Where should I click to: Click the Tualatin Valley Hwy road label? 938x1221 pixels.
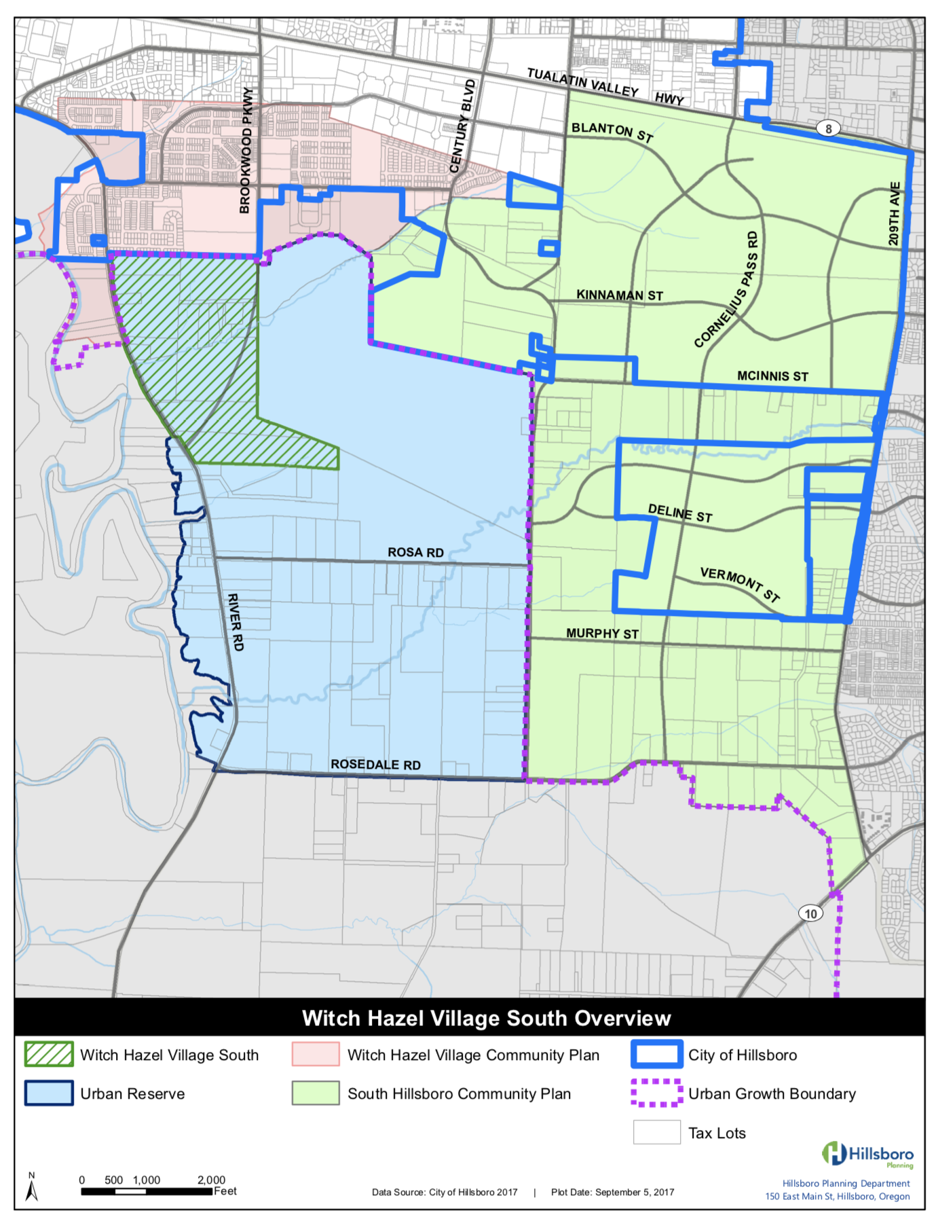click(x=605, y=86)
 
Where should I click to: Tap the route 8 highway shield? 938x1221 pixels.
click(x=828, y=128)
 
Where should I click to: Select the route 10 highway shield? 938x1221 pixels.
click(x=810, y=913)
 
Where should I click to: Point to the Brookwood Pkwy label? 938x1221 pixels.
click(x=246, y=151)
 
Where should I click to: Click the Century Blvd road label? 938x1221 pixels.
click(x=462, y=126)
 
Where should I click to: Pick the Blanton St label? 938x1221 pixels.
click(x=612, y=132)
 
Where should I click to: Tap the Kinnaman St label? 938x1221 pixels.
click(x=619, y=295)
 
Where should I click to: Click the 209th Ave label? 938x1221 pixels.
click(x=895, y=214)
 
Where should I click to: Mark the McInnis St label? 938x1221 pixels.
click(x=772, y=376)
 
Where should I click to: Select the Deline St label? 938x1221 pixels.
click(x=680, y=513)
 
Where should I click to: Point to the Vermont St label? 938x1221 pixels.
click(x=740, y=585)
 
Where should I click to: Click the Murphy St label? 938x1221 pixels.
click(x=602, y=634)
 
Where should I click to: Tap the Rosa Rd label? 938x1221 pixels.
click(x=415, y=552)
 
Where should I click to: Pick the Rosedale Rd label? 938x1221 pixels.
click(x=375, y=764)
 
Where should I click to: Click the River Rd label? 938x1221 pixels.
click(x=235, y=622)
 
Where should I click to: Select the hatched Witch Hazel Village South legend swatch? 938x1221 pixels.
click(x=49, y=1055)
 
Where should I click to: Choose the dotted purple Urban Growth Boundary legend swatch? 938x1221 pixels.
click(x=656, y=1093)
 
